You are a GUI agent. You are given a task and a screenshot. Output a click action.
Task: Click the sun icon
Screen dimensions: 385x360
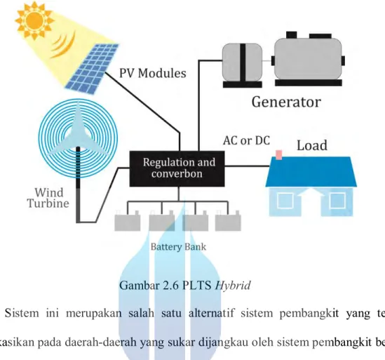(x=34, y=20)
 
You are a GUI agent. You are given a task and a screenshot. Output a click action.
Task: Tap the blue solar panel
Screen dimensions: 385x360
(x=92, y=69)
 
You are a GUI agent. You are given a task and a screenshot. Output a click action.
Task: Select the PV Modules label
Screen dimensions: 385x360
(x=152, y=73)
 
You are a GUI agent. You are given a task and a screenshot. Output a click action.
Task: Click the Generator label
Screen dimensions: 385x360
(x=286, y=102)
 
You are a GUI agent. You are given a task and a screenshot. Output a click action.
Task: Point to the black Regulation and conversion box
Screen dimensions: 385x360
(x=177, y=169)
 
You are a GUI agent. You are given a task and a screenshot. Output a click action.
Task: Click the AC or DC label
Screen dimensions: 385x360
(x=246, y=140)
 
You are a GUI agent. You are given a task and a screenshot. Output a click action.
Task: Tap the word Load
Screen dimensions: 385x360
(x=312, y=145)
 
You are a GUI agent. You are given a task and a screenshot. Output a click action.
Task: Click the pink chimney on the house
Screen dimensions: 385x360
(x=278, y=155)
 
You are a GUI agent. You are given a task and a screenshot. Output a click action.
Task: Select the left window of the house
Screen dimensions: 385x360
(x=285, y=201)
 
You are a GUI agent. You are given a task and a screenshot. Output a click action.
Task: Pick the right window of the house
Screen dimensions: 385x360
(x=337, y=201)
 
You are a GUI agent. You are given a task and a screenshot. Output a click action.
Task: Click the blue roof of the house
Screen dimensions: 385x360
(x=311, y=171)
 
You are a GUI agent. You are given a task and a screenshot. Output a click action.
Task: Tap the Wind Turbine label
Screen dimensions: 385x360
(x=48, y=198)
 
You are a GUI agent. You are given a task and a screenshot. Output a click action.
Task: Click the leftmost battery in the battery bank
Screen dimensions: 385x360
(x=128, y=222)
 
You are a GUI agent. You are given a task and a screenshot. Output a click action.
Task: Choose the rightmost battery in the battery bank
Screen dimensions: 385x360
(x=228, y=222)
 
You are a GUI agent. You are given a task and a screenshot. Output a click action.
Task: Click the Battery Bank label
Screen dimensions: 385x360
(x=178, y=247)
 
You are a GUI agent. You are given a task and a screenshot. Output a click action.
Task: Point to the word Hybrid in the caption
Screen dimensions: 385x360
(x=233, y=286)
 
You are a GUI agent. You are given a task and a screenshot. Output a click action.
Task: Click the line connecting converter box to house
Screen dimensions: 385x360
(x=248, y=166)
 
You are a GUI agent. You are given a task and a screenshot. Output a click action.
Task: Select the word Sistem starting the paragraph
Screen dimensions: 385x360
(x=22, y=313)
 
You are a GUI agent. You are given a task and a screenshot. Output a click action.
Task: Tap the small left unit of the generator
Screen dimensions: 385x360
(x=242, y=65)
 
